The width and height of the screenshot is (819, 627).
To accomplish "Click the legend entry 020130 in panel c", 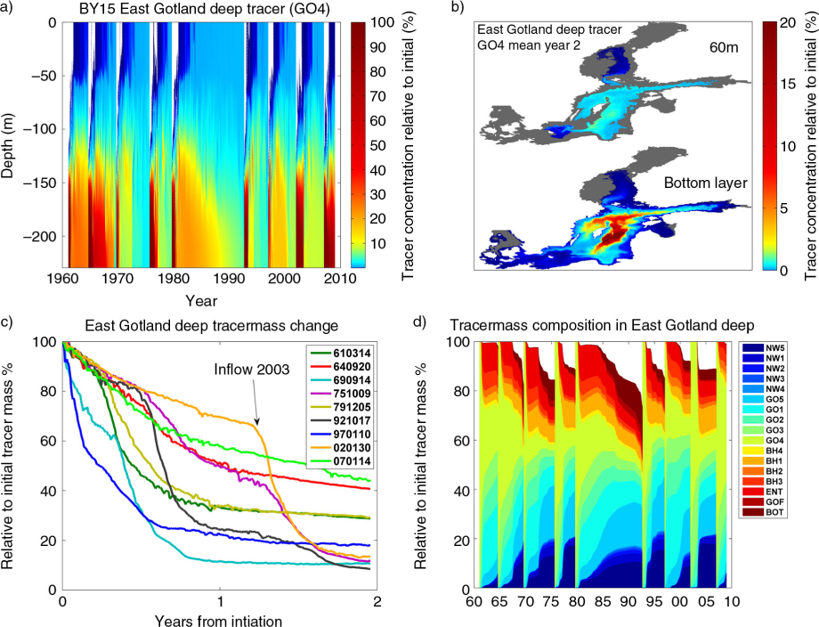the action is point(352,448).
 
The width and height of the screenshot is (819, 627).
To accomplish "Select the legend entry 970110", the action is point(352,435).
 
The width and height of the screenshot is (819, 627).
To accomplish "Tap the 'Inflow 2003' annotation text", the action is point(251,370).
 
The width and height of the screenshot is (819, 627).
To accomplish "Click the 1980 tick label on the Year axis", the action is point(174,279).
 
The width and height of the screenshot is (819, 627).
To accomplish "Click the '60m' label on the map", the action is point(724,47).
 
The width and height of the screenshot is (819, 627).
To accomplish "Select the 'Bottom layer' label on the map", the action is point(706,183).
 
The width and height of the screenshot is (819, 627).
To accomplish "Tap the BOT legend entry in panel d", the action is point(774,512).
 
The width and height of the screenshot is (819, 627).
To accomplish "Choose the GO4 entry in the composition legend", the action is point(774,441).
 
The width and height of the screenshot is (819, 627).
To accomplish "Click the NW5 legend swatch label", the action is point(774,348).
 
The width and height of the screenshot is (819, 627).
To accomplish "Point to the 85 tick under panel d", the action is point(603,601).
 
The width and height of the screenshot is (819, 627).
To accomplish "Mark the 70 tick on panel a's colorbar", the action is point(377,96).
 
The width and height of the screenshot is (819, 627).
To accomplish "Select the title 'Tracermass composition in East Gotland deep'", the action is point(603,325).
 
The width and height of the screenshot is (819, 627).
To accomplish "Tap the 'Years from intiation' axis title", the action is point(218,621).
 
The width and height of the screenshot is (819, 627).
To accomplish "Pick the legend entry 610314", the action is point(352,354).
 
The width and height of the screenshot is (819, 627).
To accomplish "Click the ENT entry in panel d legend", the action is point(774,492).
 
